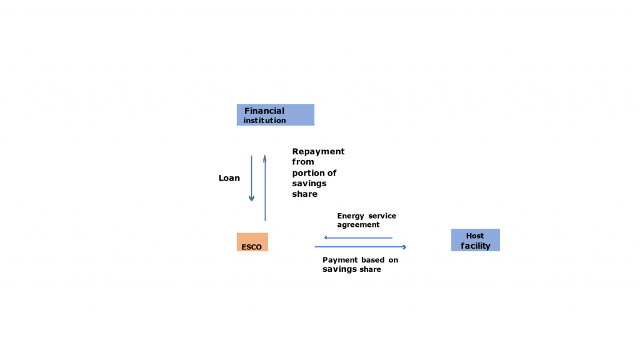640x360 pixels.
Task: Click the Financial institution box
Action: (275, 115)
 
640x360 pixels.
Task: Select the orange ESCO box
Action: (252, 241)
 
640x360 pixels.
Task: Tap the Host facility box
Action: (475, 240)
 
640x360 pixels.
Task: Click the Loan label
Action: (229, 178)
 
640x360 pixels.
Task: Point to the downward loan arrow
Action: (251, 178)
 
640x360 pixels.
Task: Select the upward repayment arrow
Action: (265, 187)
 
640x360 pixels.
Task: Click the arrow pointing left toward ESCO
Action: (357, 237)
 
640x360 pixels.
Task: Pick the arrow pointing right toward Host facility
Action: (361, 247)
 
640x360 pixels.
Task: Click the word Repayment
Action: (318, 151)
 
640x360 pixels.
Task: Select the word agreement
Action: (358, 224)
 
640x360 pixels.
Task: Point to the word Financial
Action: (264, 111)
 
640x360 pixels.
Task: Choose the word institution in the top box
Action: (264, 121)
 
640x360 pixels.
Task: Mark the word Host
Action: (475, 236)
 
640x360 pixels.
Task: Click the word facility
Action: (475, 246)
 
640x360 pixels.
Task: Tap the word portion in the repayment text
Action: (307, 172)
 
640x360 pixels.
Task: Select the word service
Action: (382, 216)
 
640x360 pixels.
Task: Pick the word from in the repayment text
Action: (303, 162)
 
